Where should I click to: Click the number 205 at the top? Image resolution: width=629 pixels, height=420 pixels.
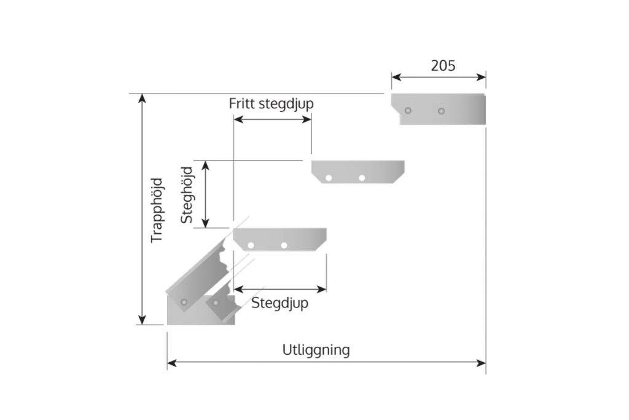click(x=443, y=65)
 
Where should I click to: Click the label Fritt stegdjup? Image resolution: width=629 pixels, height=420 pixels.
click(x=271, y=103)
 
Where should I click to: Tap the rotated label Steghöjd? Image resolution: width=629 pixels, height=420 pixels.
click(x=187, y=195)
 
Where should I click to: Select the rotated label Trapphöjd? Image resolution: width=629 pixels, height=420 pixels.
click(x=157, y=210)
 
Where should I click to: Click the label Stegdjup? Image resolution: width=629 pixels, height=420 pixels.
click(x=279, y=303)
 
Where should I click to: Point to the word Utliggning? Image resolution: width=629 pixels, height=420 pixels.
click(x=316, y=350)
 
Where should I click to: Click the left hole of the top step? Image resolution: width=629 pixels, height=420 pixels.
click(x=408, y=111)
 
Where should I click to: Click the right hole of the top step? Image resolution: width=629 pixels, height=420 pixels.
click(x=441, y=111)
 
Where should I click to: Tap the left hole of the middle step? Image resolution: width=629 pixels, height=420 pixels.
click(x=329, y=178)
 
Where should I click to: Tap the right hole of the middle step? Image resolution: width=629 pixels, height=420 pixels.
click(x=362, y=178)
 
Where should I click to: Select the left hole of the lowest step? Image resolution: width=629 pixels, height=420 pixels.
click(x=251, y=245)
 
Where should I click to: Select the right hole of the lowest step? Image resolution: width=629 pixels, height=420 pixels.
click(x=284, y=245)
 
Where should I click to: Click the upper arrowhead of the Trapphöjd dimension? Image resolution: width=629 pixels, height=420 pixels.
click(x=142, y=98)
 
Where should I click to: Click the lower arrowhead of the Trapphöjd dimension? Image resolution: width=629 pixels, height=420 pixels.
click(x=142, y=320)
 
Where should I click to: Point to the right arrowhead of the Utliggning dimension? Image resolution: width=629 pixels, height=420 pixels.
click(x=481, y=363)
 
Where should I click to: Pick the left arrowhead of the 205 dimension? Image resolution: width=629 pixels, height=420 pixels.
click(x=396, y=77)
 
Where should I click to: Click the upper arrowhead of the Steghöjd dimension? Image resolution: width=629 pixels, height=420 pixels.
click(x=205, y=165)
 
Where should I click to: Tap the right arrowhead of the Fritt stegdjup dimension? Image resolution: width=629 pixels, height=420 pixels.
click(x=307, y=119)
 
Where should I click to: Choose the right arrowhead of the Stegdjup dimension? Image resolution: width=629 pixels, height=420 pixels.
click(x=322, y=289)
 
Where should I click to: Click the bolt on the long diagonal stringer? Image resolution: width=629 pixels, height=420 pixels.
click(x=184, y=302)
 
